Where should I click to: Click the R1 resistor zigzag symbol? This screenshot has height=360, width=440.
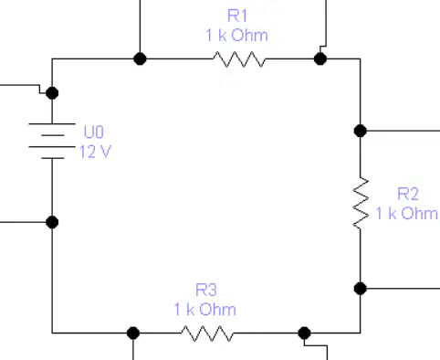point(239,59)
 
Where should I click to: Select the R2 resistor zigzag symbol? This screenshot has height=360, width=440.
point(361,203)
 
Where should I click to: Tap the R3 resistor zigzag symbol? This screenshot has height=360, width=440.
point(207,334)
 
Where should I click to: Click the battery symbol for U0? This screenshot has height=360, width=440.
point(52,141)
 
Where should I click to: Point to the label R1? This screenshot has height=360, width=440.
point(237,16)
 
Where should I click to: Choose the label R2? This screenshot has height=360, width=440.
point(408,194)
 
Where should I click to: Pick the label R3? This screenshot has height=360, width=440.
point(206,290)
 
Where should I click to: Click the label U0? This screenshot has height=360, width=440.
point(94,132)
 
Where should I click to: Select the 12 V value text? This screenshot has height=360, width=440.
point(95,152)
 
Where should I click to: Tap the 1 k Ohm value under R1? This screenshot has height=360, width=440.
point(237,35)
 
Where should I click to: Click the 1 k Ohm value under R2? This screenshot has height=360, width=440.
point(407,213)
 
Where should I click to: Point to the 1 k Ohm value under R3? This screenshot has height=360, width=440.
point(205,309)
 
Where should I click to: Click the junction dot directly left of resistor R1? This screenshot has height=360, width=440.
point(140,58)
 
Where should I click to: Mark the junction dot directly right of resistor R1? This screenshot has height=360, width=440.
point(320,58)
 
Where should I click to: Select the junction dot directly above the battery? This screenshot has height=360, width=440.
point(52,93)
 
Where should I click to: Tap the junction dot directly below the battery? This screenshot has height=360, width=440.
point(52,222)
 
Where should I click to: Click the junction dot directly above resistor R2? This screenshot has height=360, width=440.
point(361,131)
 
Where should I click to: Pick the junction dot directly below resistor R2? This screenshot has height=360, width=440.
point(361,289)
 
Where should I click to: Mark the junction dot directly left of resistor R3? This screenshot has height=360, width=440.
point(133,333)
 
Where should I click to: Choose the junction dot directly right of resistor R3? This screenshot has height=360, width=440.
point(304,333)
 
